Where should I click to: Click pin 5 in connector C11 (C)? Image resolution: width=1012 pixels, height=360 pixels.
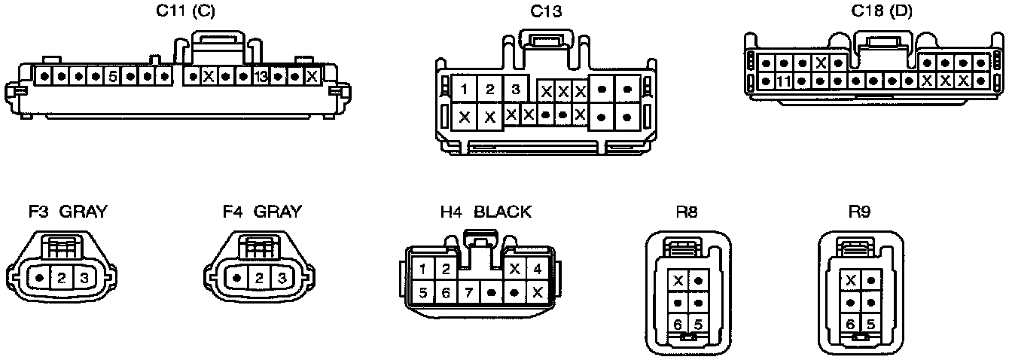point(111,77)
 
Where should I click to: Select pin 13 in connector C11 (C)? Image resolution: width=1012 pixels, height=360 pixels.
point(261,77)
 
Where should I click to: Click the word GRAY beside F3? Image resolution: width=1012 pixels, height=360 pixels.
point(83,212)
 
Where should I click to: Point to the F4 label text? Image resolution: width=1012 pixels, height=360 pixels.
point(233,212)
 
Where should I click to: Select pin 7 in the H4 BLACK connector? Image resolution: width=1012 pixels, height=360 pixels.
point(468,292)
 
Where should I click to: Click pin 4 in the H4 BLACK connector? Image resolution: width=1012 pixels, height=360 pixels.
point(538,269)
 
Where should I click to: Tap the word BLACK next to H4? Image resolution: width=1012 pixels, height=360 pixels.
point(502,212)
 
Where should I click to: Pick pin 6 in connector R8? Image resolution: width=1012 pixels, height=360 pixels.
point(679,325)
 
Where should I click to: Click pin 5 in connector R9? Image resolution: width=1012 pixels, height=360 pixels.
point(870,325)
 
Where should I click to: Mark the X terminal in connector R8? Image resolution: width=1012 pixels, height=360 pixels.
point(679,281)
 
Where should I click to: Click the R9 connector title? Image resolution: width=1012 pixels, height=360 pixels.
point(859,212)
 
